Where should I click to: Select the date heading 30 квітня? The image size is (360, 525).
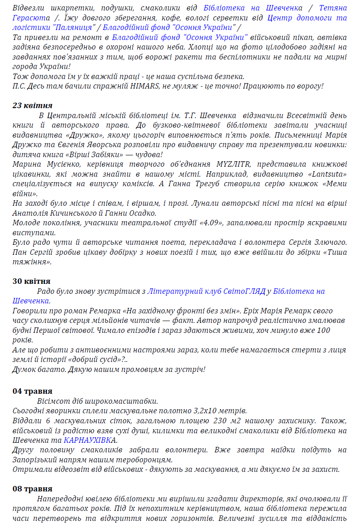(31, 281)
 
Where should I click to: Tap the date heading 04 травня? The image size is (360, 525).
(32, 391)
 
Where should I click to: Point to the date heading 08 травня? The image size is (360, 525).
(32, 489)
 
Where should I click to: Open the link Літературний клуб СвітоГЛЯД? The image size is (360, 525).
(206, 291)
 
